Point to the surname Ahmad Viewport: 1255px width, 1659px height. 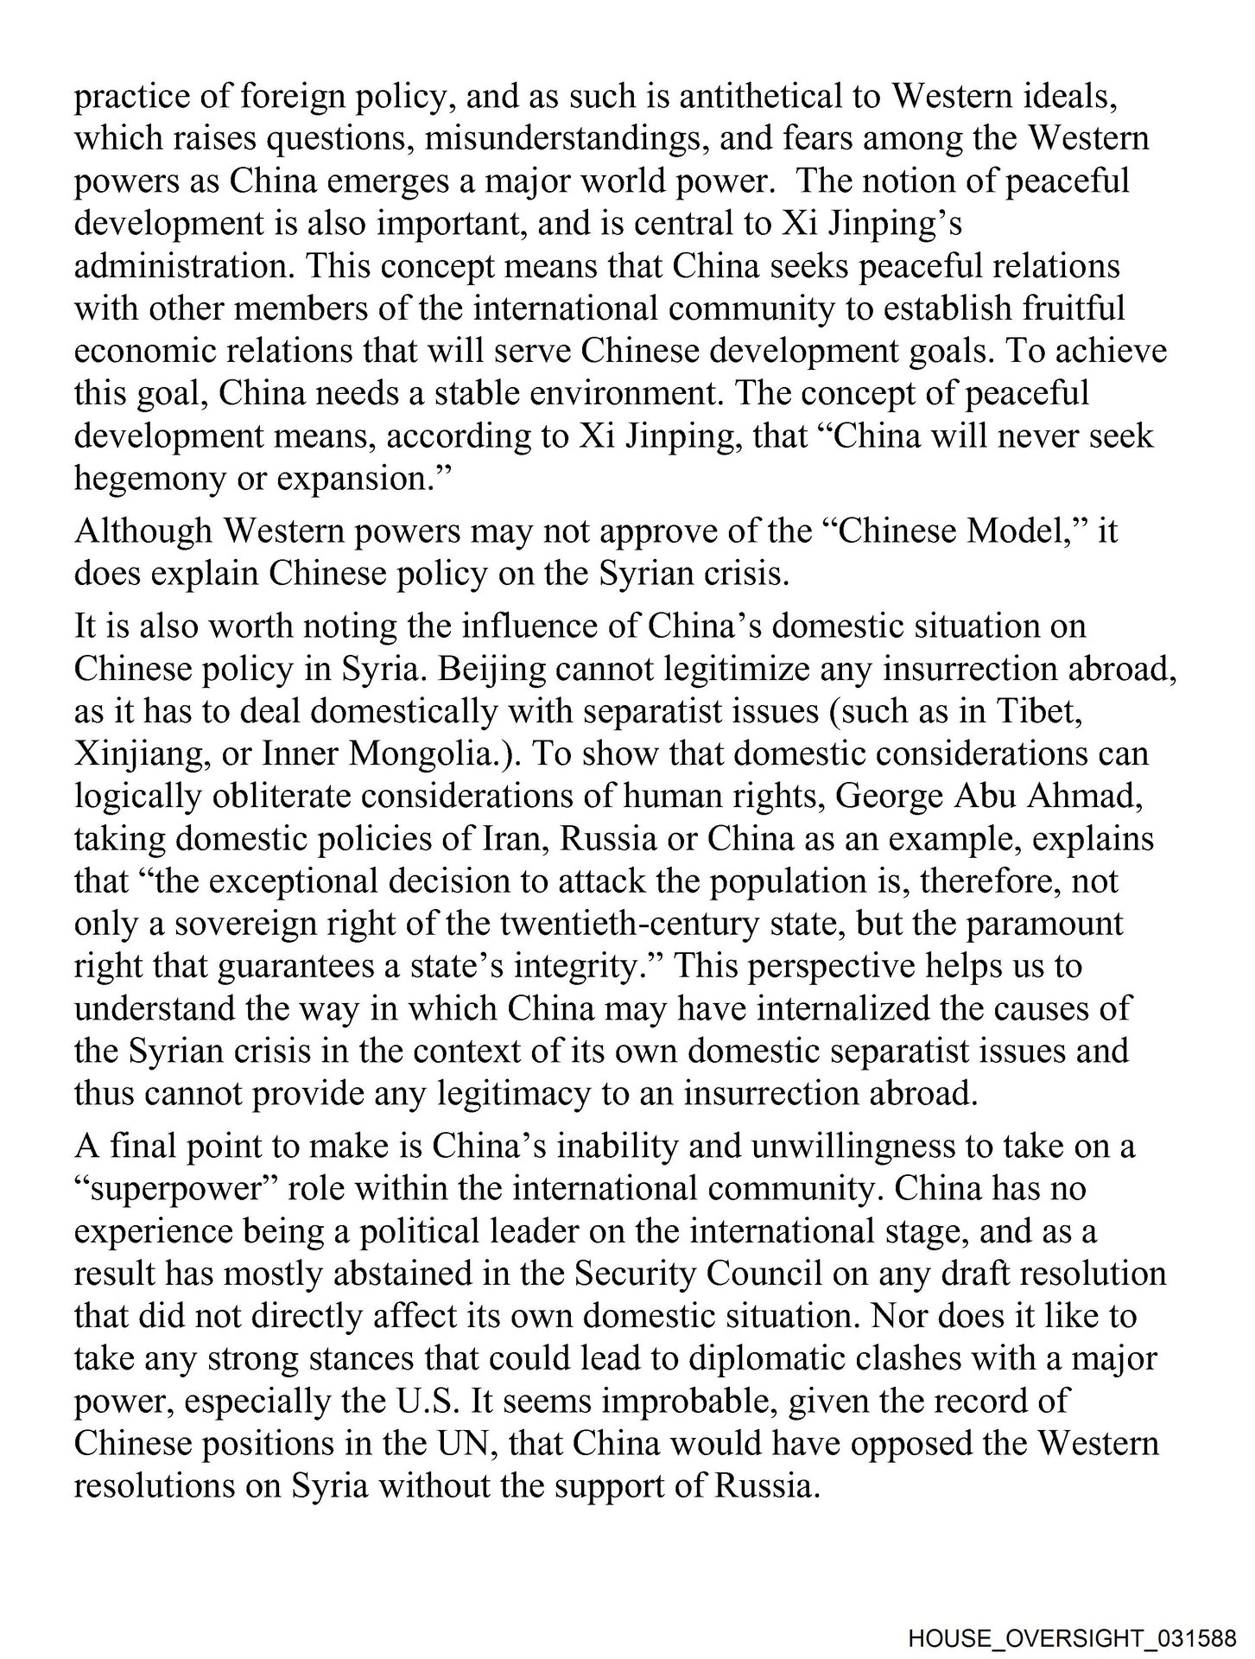tap(1088, 796)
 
